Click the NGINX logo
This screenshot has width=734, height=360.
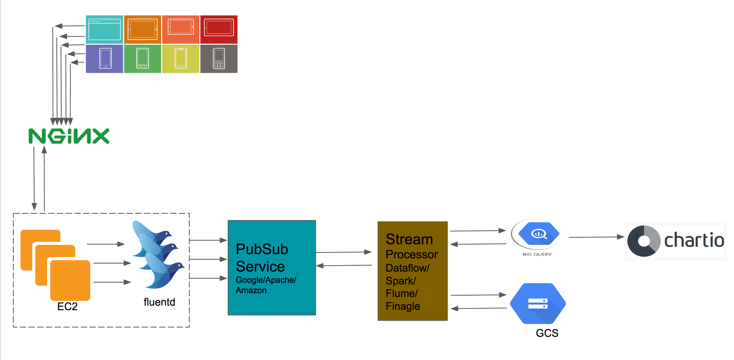[69, 136]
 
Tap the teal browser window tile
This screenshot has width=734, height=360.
[105, 30]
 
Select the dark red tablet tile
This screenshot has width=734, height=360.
[219, 30]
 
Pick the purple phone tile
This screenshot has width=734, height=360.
[105, 59]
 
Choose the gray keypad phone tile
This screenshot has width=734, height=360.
[219, 59]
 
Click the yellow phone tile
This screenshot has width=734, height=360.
[181, 59]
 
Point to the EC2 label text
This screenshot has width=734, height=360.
[67, 306]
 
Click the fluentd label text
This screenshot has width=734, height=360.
[159, 302]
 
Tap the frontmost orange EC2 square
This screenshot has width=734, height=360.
[70, 280]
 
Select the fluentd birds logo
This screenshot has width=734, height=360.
[158, 254]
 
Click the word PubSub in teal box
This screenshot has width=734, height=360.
[262, 249]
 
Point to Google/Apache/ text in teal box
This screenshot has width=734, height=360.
[266, 280]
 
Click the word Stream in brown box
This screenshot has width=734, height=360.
[409, 239]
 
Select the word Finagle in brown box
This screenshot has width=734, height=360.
[403, 306]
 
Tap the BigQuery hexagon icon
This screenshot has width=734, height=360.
[539, 234]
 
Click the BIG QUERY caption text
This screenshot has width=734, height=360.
[537, 254]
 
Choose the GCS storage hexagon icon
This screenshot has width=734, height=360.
[538, 303]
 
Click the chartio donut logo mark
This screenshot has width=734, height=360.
[644, 241]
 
